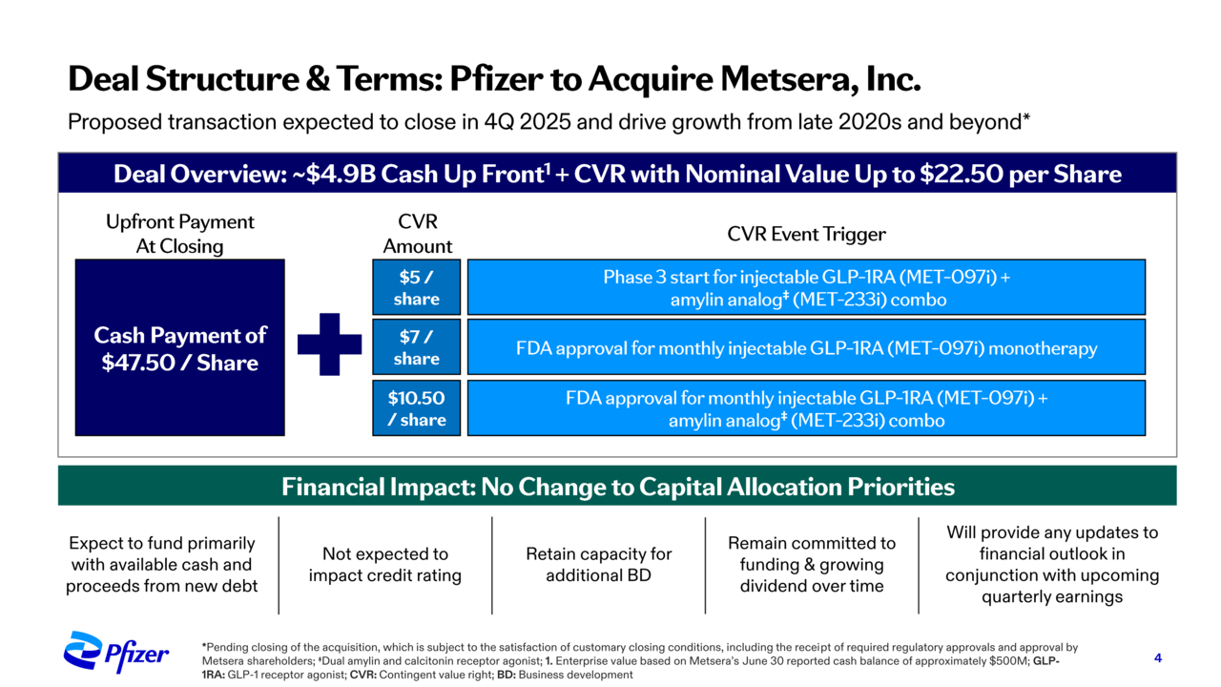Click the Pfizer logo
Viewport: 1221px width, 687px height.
pyautogui.click(x=115, y=653)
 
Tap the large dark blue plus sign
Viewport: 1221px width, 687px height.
pyautogui.click(x=329, y=344)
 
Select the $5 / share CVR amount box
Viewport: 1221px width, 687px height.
pyautogui.click(x=417, y=287)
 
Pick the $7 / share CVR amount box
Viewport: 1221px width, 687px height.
pyautogui.click(x=417, y=347)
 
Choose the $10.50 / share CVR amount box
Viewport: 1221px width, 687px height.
pyautogui.click(x=417, y=407)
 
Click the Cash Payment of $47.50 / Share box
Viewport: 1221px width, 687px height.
pyautogui.click(x=180, y=347)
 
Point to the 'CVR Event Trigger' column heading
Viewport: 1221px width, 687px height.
pyautogui.click(x=806, y=235)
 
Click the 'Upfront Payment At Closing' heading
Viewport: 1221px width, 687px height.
pyautogui.click(x=180, y=234)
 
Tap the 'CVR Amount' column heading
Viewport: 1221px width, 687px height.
pyautogui.click(x=418, y=234)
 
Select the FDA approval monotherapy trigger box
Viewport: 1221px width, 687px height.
pyautogui.click(x=806, y=347)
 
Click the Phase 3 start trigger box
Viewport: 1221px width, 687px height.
pyautogui.click(x=806, y=287)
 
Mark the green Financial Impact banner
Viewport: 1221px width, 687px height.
pyautogui.click(x=617, y=486)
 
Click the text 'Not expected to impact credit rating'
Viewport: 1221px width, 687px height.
pyautogui.click(x=384, y=564)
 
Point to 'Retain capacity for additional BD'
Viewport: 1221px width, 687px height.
pyautogui.click(x=598, y=564)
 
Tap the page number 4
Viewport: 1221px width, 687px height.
pyautogui.click(x=1158, y=658)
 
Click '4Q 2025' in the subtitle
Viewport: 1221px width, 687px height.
pyautogui.click(x=528, y=121)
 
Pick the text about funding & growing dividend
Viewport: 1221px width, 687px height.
pyautogui.click(x=812, y=564)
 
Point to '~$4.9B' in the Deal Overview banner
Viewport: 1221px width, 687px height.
pyautogui.click(x=334, y=174)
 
